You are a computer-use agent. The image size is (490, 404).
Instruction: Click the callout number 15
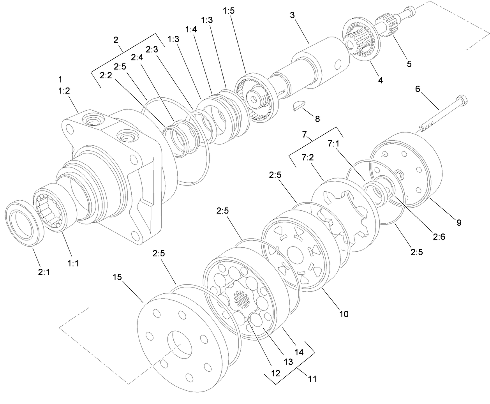118,277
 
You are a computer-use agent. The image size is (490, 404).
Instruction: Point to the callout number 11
312,378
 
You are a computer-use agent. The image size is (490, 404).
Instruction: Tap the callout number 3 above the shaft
292,16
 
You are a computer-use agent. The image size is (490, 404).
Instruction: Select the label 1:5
229,11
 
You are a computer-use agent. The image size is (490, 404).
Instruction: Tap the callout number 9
459,222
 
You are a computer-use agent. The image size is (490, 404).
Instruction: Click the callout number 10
344,314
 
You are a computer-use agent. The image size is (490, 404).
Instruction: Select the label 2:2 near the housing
106,76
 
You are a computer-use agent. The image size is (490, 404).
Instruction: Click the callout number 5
409,64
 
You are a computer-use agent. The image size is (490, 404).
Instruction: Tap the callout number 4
380,80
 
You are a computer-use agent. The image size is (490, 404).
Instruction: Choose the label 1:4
191,30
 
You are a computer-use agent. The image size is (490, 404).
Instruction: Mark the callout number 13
288,362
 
